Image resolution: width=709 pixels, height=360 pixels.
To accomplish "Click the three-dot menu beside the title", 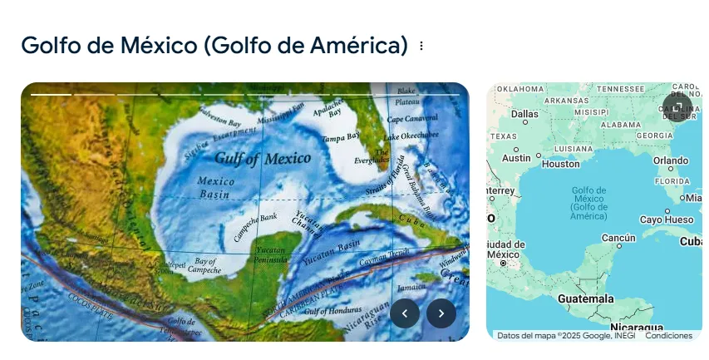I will [x=421, y=47].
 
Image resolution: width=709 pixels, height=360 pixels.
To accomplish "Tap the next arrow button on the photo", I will [x=441, y=313].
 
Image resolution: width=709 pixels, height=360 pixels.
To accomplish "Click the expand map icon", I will [x=677, y=106].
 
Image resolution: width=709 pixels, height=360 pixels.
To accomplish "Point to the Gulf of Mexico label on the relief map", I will [x=263, y=157].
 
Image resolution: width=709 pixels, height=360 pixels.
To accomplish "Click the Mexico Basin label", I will [x=215, y=187].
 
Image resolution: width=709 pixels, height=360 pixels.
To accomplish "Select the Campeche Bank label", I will [x=255, y=227].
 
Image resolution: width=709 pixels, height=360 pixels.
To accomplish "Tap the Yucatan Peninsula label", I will [x=270, y=255].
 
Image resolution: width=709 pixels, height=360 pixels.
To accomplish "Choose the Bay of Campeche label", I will [x=204, y=265].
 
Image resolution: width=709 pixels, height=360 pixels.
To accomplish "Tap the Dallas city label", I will [x=524, y=113].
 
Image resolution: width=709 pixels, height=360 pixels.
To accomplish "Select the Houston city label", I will [x=560, y=164].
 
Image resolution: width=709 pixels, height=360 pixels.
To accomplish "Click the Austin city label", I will [x=516, y=157].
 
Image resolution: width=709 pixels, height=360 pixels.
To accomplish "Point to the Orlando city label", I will [x=671, y=160].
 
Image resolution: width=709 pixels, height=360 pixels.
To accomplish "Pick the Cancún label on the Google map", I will [x=618, y=238].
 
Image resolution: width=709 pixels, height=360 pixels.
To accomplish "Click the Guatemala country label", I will [x=586, y=298].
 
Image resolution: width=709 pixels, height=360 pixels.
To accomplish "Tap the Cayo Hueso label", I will [x=667, y=219].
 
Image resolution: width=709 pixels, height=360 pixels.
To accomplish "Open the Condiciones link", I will [x=668, y=336].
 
